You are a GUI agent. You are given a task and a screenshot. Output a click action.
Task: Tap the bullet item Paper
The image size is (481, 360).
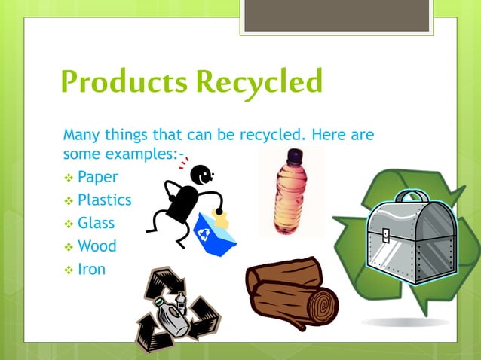[97, 178]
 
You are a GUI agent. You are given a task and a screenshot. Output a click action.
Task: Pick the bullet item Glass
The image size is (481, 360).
[96, 223]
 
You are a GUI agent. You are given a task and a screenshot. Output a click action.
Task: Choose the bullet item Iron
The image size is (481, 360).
[91, 268]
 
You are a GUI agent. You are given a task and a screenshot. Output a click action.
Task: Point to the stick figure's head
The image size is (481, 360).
[201, 176]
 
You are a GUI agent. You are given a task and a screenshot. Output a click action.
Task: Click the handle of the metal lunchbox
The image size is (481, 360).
[411, 197]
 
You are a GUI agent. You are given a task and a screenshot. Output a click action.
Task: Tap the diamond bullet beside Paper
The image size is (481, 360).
[68, 178]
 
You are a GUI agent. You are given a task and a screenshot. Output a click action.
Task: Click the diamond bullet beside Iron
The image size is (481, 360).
[68, 269]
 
